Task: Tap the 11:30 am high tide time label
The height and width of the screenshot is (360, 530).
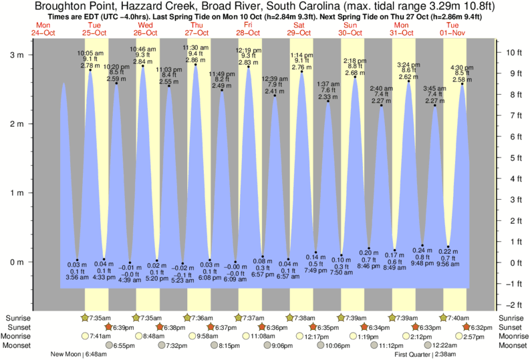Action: (196, 47)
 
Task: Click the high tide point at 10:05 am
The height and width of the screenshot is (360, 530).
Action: (90, 70)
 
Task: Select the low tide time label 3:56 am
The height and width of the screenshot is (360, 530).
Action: (78, 277)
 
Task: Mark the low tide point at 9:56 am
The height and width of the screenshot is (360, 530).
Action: (448, 247)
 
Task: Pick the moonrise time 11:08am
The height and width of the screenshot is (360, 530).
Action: (262, 337)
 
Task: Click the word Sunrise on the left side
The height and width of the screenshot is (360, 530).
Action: (19, 317)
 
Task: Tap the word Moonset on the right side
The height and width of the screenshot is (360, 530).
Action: (511, 346)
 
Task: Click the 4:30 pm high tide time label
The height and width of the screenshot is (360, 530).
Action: (462, 67)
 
